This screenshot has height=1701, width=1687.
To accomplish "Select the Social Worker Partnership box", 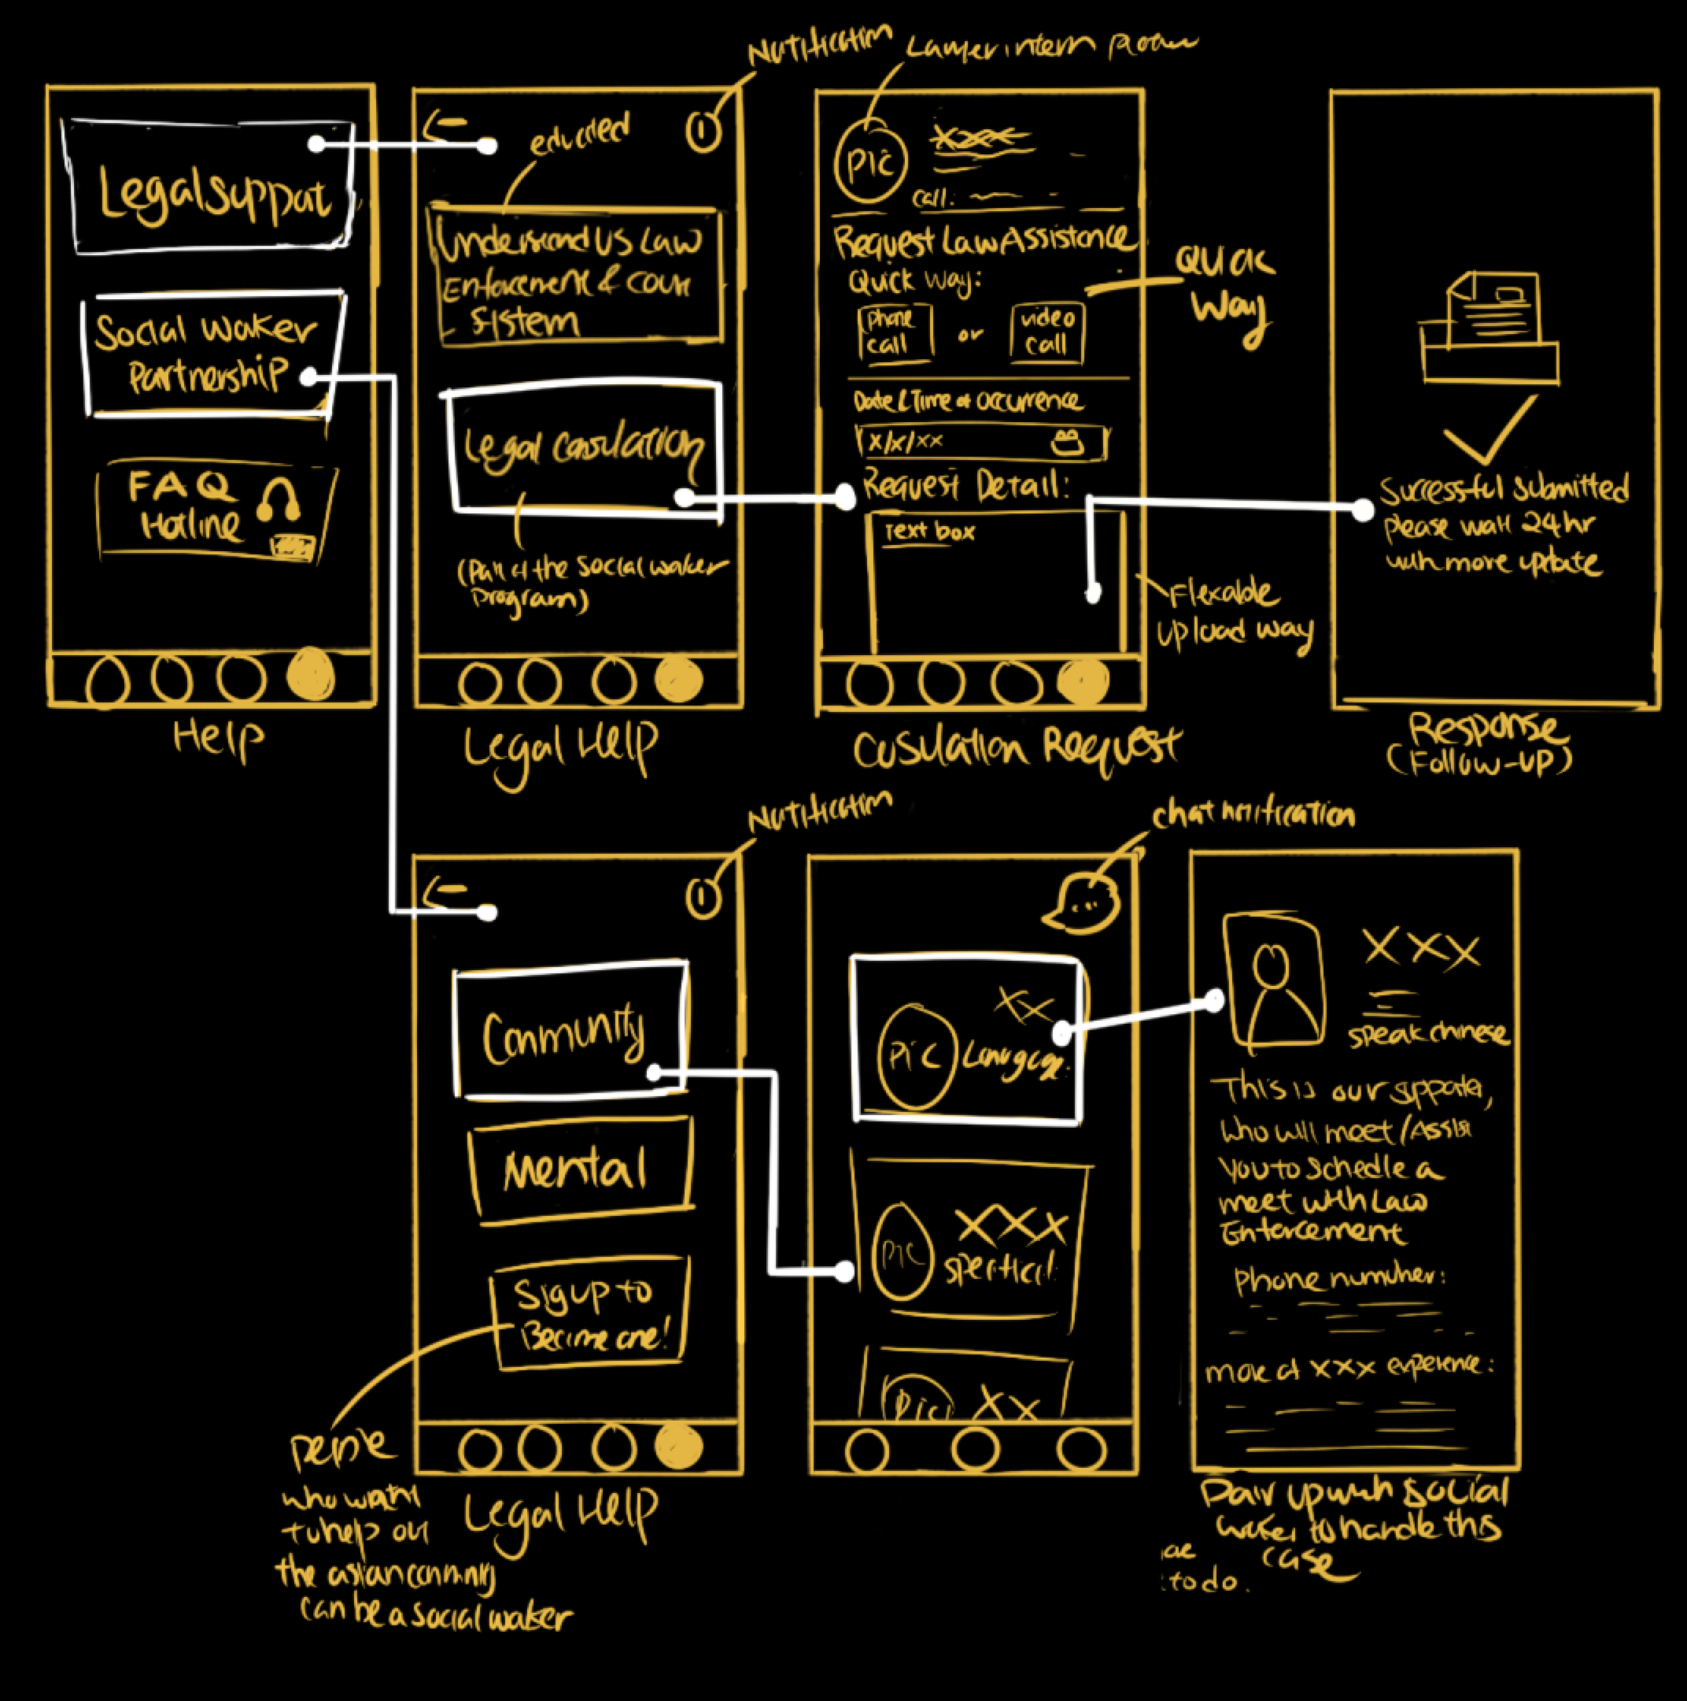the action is pos(211,352).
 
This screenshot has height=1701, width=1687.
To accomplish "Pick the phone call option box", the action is pos(894,333).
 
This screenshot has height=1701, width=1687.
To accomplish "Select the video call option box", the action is pos(1047,333).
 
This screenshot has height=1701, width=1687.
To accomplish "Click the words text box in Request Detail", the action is pos(930,532).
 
